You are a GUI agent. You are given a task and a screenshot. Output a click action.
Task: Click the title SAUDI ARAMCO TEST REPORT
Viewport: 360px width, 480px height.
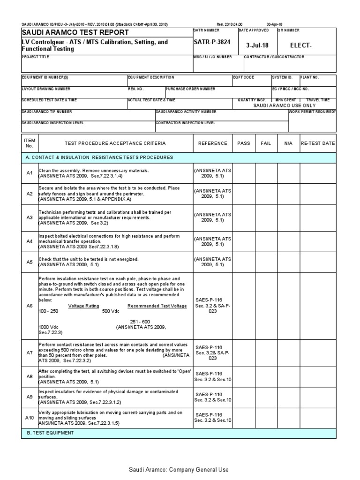(x=75, y=32)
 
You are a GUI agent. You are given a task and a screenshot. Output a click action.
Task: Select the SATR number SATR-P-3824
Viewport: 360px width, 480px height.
(x=212, y=42)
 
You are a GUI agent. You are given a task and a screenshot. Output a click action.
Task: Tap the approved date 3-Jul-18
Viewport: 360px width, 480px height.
(x=257, y=45)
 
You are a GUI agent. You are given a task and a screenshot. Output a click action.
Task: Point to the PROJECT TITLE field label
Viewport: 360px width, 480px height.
(x=35, y=57)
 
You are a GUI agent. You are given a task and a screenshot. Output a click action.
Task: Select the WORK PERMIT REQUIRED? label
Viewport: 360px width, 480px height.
(x=312, y=112)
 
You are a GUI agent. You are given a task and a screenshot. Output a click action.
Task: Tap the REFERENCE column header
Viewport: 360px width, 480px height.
(x=212, y=143)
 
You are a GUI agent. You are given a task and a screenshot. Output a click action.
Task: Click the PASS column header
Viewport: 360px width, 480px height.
(x=244, y=143)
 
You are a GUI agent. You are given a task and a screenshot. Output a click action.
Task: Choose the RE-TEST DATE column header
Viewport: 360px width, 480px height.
(x=318, y=143)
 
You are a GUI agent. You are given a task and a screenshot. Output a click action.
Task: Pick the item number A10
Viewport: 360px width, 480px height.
(x=30, y=418)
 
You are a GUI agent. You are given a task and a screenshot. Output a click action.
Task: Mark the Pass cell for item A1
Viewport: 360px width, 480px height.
(x=244, y=173)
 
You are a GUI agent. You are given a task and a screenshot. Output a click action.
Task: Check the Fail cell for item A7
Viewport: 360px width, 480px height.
(x=266, y=352)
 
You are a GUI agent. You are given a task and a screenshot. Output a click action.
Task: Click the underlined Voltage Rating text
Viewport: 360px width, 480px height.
(x=83, y=306)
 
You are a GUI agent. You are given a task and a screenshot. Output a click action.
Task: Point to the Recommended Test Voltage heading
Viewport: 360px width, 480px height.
(x=157, y=306)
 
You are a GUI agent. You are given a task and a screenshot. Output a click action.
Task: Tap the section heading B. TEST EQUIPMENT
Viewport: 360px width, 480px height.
(x=50, y=433)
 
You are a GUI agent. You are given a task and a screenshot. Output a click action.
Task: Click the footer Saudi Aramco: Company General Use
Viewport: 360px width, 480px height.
(x=180, y=470)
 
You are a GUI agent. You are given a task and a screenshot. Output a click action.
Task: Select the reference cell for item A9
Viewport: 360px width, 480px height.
(x=212, y=397)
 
